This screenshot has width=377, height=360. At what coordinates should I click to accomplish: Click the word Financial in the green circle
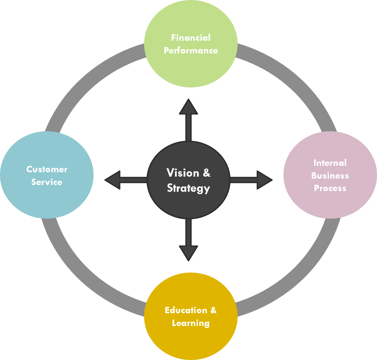[x=191, y=38]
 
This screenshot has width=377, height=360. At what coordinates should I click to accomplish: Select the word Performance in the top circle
[x=191, y=50]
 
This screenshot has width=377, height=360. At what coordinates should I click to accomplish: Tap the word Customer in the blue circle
[x=47, y=169]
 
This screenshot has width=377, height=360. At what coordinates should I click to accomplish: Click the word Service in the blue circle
[x=47, y=182]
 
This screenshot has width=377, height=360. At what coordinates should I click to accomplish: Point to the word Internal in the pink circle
[x=330, y=163]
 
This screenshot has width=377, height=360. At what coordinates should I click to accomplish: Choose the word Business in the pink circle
[x=330, y=176]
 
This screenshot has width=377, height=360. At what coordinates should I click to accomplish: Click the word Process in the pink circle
[x=330, y=188]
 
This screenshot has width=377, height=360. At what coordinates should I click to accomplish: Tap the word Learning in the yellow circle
[x=191, y=323]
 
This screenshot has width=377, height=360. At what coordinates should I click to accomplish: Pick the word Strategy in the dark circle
[x=188, y=188]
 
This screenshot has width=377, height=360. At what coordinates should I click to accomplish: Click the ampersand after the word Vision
[x=206, y=173]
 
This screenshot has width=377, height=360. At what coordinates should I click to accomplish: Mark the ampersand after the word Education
[x=213, y=310]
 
